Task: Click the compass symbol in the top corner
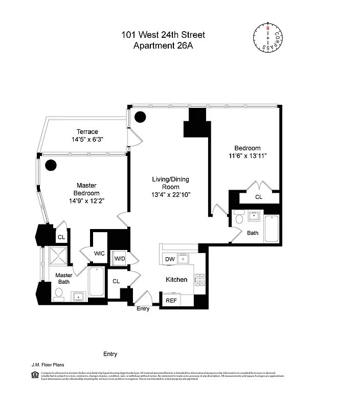[x=267, y=38]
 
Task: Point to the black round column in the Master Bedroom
[x=51, y=165]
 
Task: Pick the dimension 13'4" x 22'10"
[x=170, y=195]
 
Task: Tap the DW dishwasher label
[x=170, y=260]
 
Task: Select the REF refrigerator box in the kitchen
[x=171, y=300]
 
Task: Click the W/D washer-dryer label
[x=119, y=259]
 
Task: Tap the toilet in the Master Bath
[x=58, y=293]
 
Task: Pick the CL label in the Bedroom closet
[x=259, y=197]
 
